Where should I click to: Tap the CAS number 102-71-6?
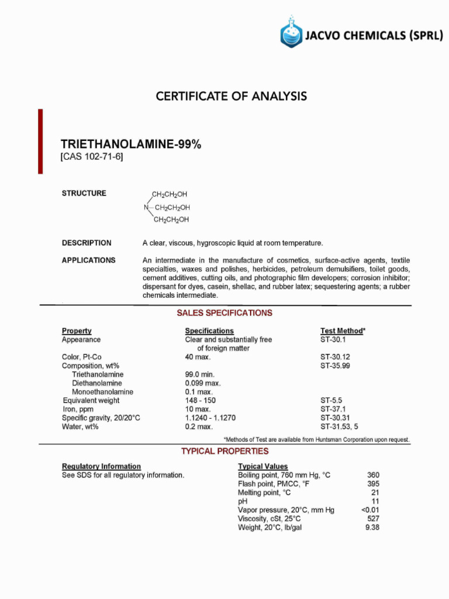(92, 157)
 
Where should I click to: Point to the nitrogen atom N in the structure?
(146, 208)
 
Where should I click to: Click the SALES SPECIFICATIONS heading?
(224, 313)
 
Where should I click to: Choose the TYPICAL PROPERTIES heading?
(224, 451)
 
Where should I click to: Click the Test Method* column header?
(343, 331)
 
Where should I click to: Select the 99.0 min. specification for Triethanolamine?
(200, 374)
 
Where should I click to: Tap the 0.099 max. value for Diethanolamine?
(203, 383)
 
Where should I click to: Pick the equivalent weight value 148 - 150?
(201, 401)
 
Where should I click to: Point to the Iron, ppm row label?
(78, 409)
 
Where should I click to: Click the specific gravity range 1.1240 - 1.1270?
(210, 418)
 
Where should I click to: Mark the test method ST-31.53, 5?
(339, 426)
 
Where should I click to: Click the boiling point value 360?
(373, 475)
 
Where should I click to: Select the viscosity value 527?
(373, 518)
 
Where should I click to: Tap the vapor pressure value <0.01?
(370, 510)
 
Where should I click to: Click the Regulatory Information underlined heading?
(101, 466)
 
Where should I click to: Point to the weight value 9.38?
(372, 527)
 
